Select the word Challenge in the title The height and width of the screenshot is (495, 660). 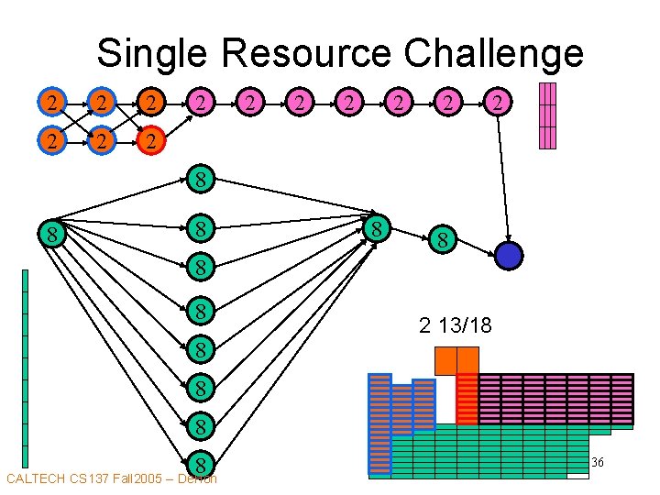pos(495,53)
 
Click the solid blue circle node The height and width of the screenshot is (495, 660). pos(509,256)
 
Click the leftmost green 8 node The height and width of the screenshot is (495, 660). pos(54,236)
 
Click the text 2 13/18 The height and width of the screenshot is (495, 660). pos(456,324)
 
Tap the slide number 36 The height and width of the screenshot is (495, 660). pos(597,463)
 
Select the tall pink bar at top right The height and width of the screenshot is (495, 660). pos(547,115)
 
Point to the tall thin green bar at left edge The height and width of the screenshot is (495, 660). pos(26,367)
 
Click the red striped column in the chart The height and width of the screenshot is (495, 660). pos(467,400)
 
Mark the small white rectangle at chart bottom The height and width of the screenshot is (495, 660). pos(577,476)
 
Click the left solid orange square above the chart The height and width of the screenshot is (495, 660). pos(445,360)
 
